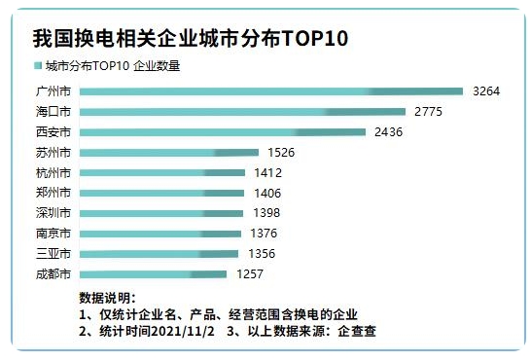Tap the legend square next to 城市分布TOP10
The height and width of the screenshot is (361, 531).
(38, 66)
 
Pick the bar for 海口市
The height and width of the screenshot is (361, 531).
(242, 112)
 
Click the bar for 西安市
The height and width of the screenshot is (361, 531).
(223, 132)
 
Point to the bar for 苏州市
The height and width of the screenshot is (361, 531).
(169, 153)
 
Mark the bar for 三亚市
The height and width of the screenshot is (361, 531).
(159, 254)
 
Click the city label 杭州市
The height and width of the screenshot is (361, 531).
(53, 173)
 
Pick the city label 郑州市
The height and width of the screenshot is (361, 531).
(53, 193)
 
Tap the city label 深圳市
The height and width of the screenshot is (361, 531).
(53, 213)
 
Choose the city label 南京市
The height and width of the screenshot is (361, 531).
(53, 234)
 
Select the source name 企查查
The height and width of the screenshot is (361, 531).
(357, 331)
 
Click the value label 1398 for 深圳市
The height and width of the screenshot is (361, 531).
(265, 213)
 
